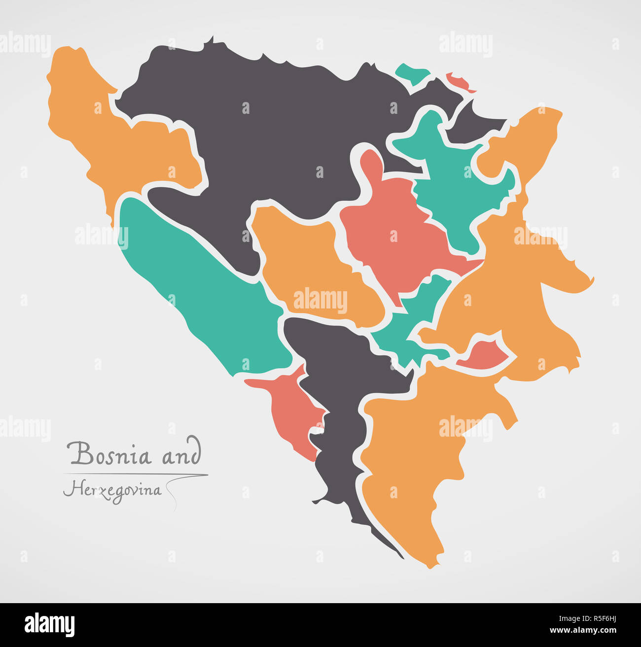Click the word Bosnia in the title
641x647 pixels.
click(109, 454)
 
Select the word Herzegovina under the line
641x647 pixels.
click(112, 490)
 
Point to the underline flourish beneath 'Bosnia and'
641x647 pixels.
click(136, 475)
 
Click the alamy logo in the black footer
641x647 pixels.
click(50, 624)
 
